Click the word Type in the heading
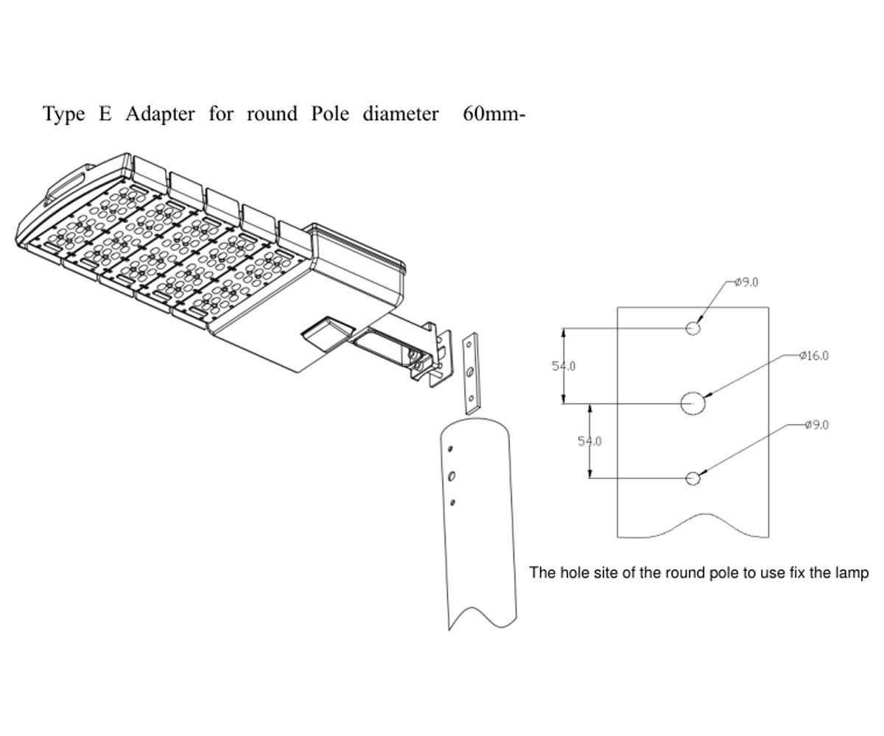63,116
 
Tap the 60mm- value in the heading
493,115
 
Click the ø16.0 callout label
814,355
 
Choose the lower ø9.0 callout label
817,425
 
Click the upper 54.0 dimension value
564,366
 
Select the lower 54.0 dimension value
589,441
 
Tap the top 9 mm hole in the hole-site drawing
693,328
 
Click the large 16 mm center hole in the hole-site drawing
693,403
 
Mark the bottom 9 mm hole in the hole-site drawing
692,478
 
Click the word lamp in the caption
855,573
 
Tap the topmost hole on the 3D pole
450,448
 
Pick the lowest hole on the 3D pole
453,502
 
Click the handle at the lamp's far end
65,182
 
